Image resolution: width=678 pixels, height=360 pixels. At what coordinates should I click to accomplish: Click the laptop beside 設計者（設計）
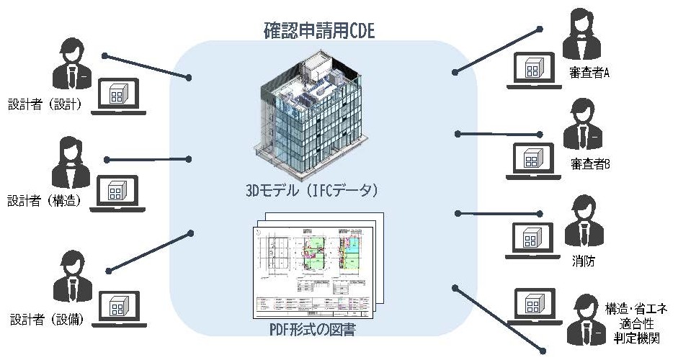pyautogui.click(x=117, y=96)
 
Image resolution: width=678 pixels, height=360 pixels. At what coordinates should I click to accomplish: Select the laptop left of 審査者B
pyautogui.click(x=532, y=161)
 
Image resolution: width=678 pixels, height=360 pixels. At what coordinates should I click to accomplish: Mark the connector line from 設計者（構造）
pyautogui.click(x=148, y=159)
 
